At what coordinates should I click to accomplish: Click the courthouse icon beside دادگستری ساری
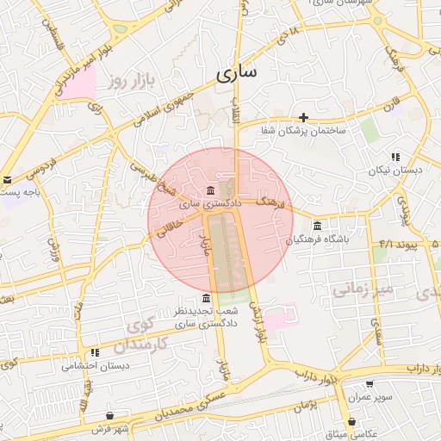211,190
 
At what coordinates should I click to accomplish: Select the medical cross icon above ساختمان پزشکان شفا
303,117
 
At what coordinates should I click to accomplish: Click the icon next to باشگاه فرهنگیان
318,226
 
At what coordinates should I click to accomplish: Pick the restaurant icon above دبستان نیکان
394,157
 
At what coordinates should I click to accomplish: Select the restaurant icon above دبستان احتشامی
94,352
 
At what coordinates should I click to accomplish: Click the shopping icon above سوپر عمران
370,384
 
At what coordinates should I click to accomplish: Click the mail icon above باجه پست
7,180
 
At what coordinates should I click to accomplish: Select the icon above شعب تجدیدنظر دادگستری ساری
204,298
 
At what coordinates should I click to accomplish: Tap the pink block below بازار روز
79,87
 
